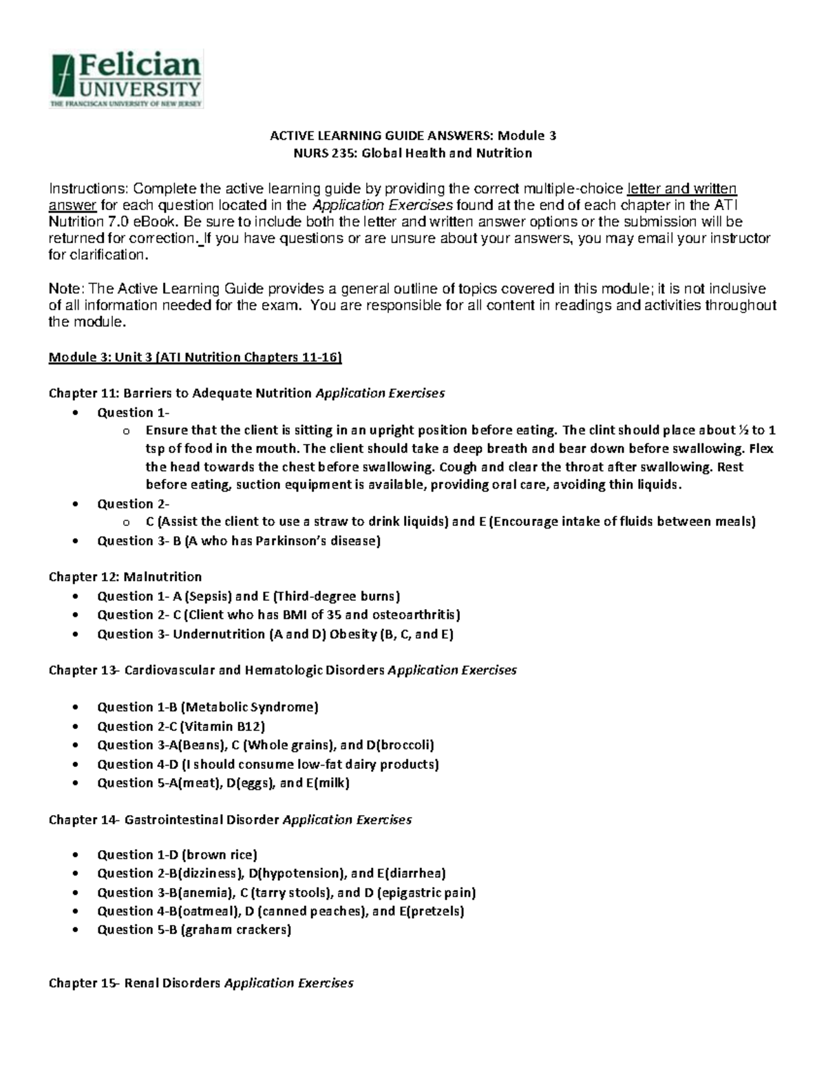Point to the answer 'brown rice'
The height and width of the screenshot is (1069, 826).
[x=219, y=855]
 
